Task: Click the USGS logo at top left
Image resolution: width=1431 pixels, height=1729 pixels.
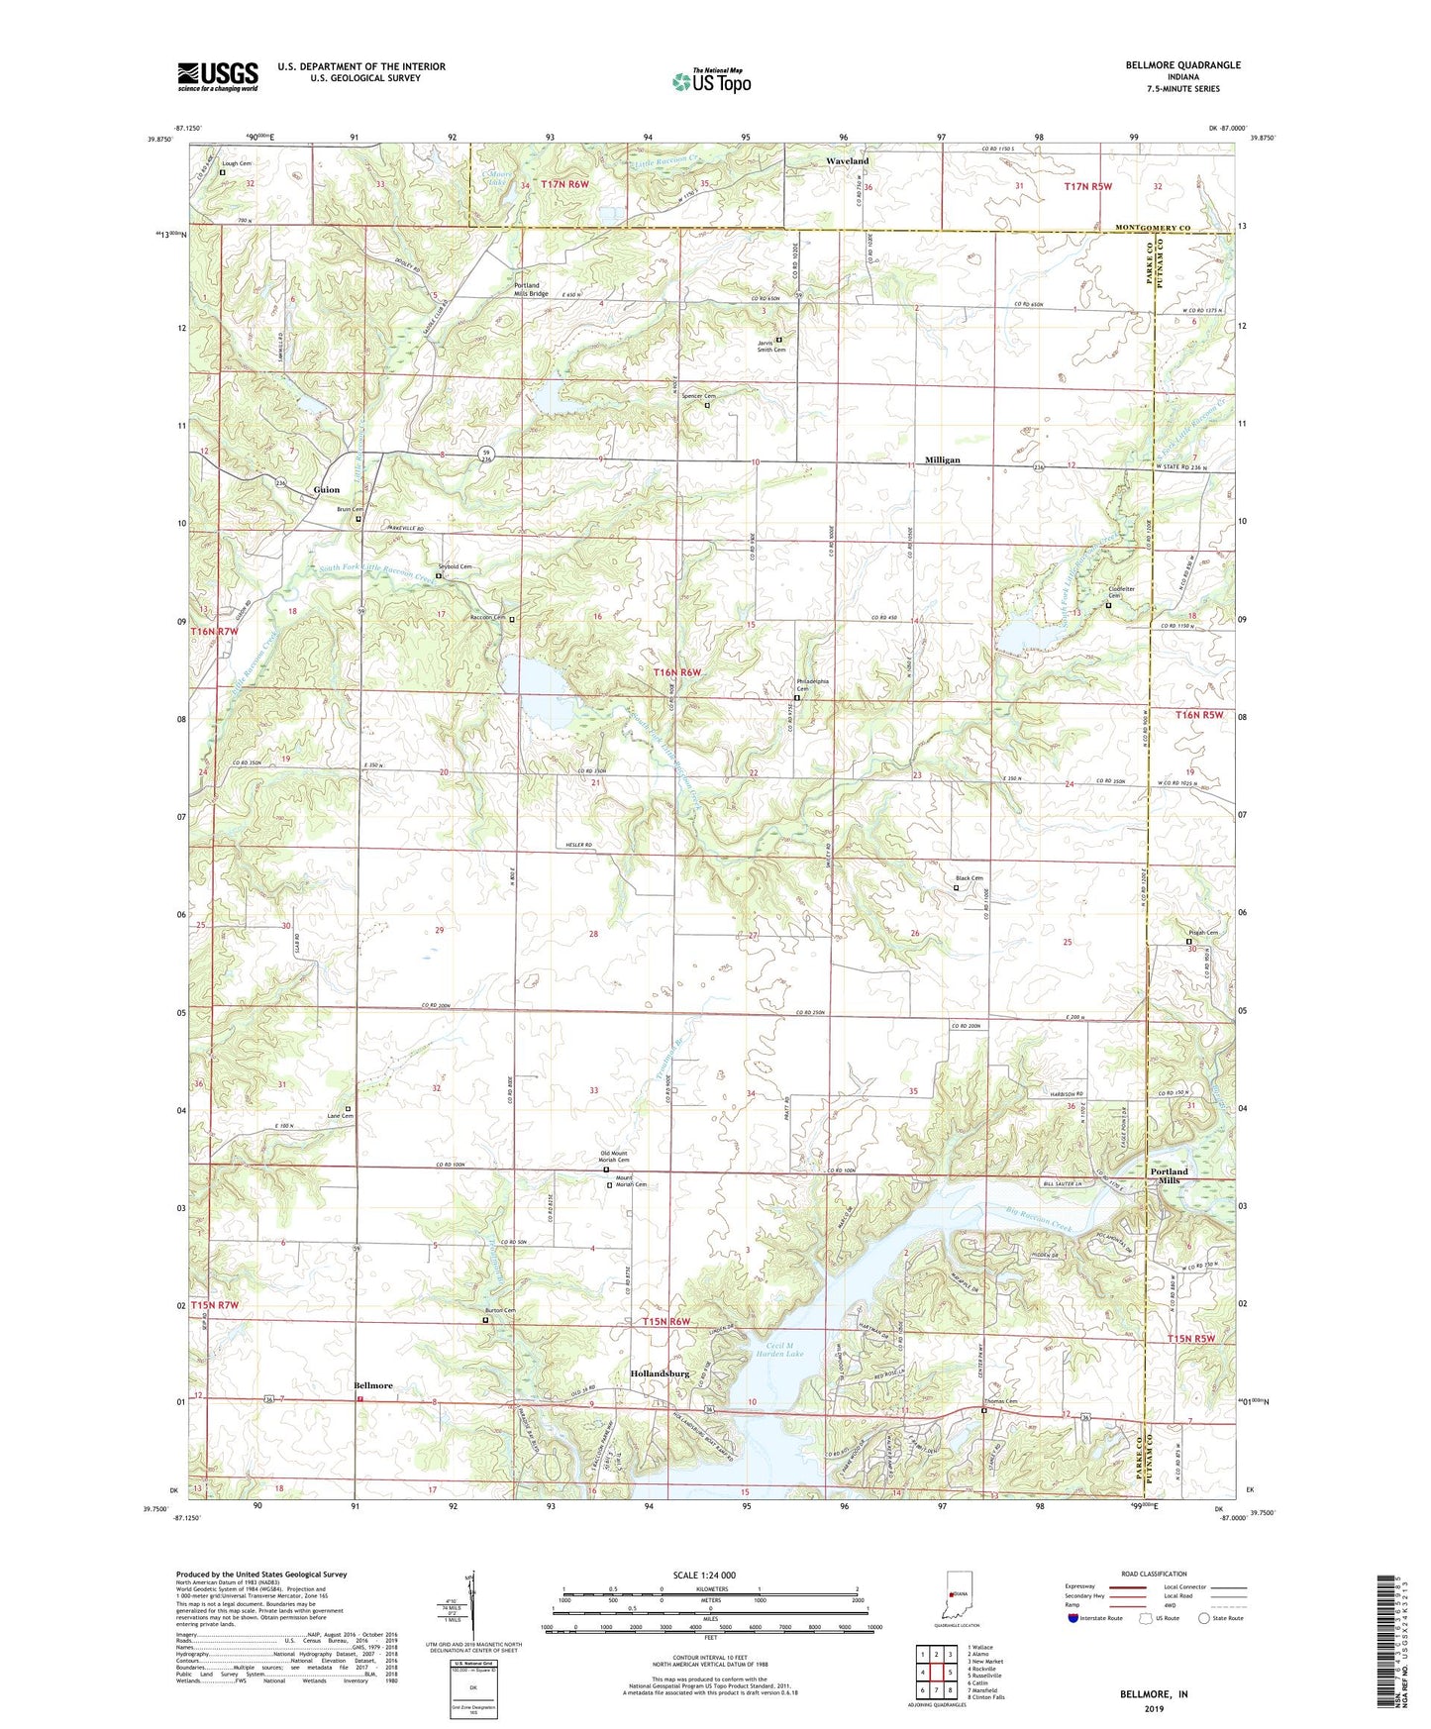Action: pyautogui.click(x=218, y=75)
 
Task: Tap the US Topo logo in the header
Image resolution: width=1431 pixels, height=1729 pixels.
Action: pyautogui.click(x=710, y=82)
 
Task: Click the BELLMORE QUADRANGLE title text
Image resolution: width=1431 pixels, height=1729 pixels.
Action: pyautogui.click(x=1182, y=65)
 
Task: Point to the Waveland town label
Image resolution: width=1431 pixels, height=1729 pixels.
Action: pyautogui.click(x=848, y=160)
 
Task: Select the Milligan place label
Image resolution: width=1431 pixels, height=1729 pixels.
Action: pyautogui.click(x=943, y=460)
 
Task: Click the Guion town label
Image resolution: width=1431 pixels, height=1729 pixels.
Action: pyautogui.click(x=326, y=489)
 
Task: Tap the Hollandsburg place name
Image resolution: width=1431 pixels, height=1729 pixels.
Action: pyautogui.click(x=660, y=1374)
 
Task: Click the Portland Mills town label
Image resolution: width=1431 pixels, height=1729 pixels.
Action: pyautogui.click(x=1168, y=1176)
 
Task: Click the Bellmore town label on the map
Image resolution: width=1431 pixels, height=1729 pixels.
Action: pyautogui.click(x=373, y=1386)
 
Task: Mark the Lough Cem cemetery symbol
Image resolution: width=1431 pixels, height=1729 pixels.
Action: pyautogui.click(x=222, y=172)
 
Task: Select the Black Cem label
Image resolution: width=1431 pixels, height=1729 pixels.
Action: pyautogui.click(x=969, y=878)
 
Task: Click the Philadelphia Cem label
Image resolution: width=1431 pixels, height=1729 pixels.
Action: pyautogui.click(x=812, y=685)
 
